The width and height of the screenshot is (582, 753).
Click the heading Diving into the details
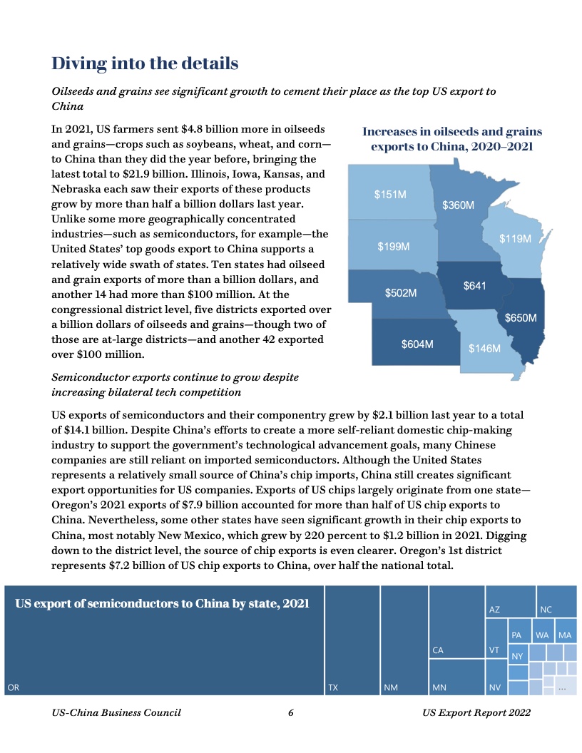click(145, 63)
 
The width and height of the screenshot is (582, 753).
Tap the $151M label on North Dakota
click(390, 194)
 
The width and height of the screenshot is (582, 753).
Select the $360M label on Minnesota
click(458, 205)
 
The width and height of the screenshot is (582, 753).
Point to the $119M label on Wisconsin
click(515, 239)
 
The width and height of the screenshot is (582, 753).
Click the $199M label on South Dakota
click(393, 247)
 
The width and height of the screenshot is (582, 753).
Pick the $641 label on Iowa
click(474, 285)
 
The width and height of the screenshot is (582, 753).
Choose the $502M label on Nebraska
click(401, 293)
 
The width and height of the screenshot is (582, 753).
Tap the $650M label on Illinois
click(521, 317)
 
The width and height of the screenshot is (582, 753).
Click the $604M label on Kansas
click(417, 344)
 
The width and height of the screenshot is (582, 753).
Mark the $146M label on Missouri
click(484, 349)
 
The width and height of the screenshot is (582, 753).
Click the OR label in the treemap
click(13, 687)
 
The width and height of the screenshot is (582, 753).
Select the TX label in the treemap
click(332, 687)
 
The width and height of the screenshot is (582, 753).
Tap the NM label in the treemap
click(390, 687)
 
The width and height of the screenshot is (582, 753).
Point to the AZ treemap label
click(494, 610)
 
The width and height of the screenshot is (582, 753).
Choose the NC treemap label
click(546, 610)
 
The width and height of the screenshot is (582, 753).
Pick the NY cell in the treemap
click(517, 655)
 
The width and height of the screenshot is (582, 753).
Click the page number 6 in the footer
click(291, 712)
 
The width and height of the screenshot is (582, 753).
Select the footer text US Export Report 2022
click(476, 712)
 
